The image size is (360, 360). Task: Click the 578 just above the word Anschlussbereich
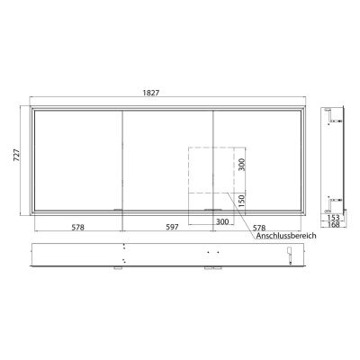click(x=261, y=228)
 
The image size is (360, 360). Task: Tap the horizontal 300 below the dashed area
click(x=222, y=221)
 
